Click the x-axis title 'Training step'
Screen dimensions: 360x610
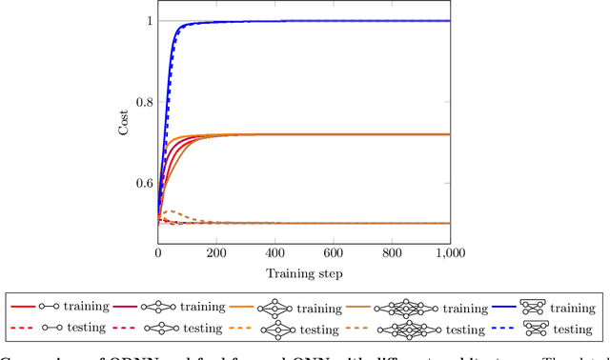point(304,273)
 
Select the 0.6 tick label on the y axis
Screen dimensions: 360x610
point(141,183)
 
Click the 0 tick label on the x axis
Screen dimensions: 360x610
point(158,253)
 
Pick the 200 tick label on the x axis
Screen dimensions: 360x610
point(216,253)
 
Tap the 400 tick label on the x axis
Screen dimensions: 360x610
point(275,253)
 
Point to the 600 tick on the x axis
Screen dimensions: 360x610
point(334,253)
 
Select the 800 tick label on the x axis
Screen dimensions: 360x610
point(392,253)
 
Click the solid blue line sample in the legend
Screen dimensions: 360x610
point(504,308)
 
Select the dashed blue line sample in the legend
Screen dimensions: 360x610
point(504,329)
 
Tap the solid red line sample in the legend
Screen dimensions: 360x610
point(23,308)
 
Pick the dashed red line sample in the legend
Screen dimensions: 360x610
point(23,329)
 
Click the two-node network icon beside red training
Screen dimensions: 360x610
point(50,308)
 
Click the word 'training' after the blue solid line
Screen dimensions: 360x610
point(573,309)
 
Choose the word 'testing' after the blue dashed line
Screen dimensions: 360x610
point(573,330)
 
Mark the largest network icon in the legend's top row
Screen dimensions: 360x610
point(405,308)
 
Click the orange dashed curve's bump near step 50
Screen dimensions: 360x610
point(171,211)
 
